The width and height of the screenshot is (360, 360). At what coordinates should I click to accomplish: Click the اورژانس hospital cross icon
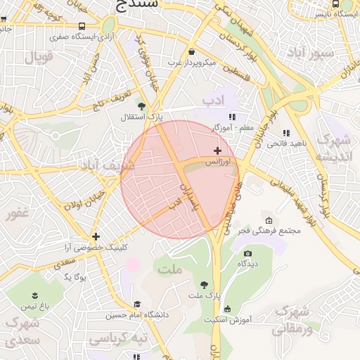[x=217, y=150]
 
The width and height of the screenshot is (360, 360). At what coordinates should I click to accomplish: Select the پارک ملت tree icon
[x=204, y=285]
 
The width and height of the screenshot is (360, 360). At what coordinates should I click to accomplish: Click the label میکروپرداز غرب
[x=191, y=63]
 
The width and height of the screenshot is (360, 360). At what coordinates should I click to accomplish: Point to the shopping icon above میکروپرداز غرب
[x=192, y=51]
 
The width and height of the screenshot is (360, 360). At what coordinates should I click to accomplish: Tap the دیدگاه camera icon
[x=247, y=253]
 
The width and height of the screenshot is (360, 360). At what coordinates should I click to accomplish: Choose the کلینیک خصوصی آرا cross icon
[x=96, y=236]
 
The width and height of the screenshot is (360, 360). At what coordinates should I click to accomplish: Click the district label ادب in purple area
[x=217, y=101]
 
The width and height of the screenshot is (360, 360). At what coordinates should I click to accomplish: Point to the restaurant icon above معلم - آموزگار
[x=232, y=117]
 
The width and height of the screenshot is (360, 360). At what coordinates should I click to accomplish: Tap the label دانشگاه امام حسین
[x=137, y=315]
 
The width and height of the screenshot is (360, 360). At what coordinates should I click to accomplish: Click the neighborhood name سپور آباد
[x=314, y=53]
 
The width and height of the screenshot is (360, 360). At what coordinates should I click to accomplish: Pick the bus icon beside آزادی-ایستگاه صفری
[x=82, y=26]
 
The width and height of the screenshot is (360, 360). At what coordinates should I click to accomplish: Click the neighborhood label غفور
[x=19, y=214]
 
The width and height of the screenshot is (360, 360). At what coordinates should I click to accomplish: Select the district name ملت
[x=170, y=269]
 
